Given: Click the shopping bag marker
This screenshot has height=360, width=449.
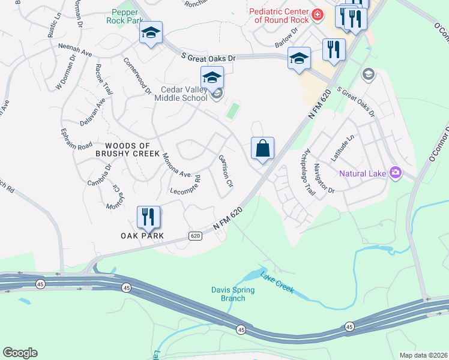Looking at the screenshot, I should pos(262,149).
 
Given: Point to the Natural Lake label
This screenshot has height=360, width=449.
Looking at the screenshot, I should pos(362,174).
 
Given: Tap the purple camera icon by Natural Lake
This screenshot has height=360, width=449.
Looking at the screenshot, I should pos(395,173).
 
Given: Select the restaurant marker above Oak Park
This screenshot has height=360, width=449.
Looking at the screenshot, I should pos(148,217).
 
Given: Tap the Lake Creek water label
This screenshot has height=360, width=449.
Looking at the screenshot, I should pos(277,282).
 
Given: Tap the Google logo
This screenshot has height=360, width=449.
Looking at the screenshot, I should pos(20,353).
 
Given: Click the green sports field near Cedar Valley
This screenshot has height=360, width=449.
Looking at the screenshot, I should pos(232,110).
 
